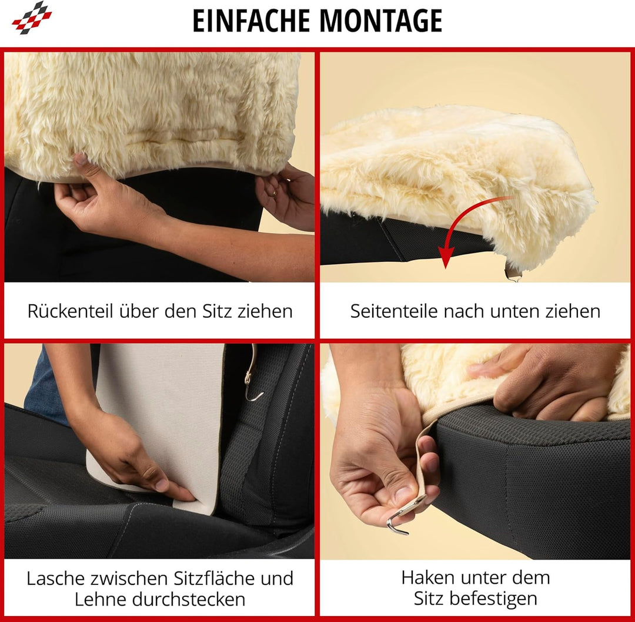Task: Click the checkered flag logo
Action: [32, 17]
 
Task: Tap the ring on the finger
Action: [273, 193]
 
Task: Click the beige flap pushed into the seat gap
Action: [159, 423]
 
